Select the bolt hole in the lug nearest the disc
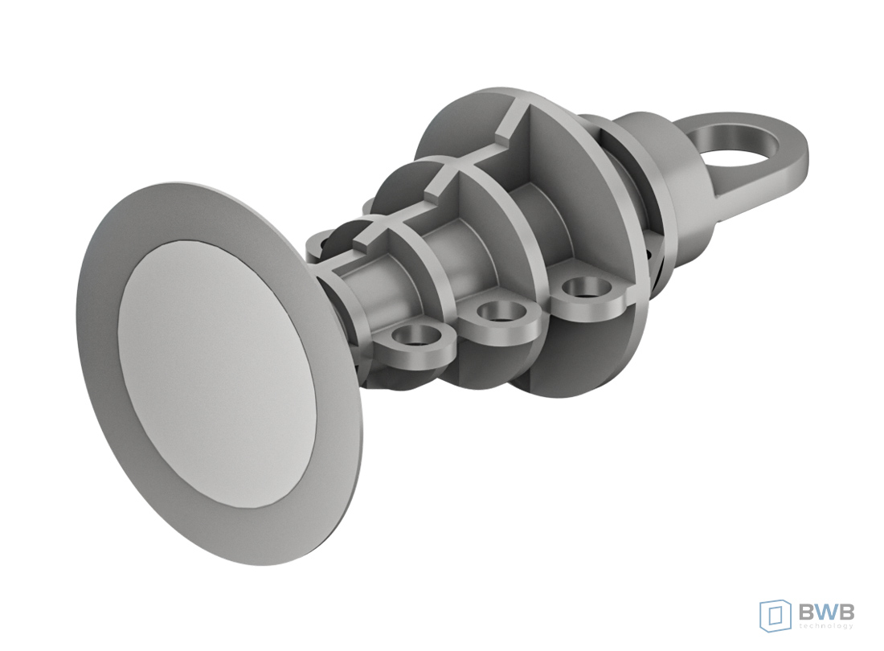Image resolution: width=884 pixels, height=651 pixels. pyautogui.click(x=418, y=338)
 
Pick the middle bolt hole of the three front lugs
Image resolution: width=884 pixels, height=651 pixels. pyautogui.click(x=499, y=311)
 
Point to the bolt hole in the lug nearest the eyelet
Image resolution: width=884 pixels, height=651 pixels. pyautogui.click(x=583, y=288)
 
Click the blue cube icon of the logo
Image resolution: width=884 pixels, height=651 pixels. pyautogui.click(x=776, y=614)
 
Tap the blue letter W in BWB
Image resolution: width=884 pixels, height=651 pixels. pyautogui.click(x=826, y=612)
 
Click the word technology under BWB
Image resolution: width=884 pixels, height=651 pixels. pyautogui.click(x=826, y=625)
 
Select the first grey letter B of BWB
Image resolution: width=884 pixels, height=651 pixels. pyautogui.click(x=807, y=612)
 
